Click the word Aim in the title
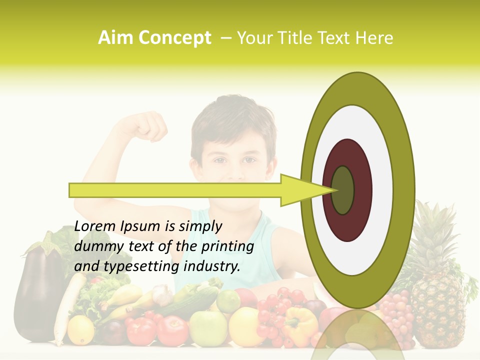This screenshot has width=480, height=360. pyautogui.click(x=116, y=38)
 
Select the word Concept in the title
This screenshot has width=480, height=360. pyautogui.click(x=174, y=38)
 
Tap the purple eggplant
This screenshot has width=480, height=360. pyautogui.click(x=37, y=295)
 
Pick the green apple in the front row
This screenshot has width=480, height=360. pyautogui.click(x=207, y=328)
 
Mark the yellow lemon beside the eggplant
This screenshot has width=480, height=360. pyautogui.click(x=80, y=329)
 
